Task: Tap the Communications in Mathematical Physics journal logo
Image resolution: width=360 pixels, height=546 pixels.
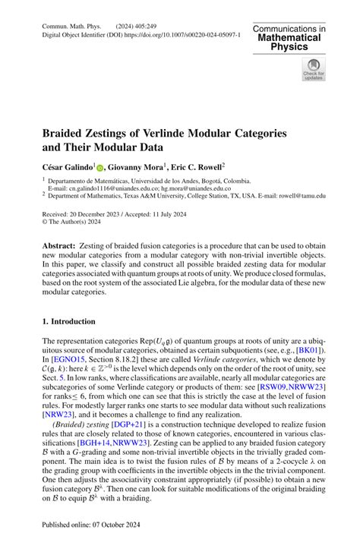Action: click(289, 38)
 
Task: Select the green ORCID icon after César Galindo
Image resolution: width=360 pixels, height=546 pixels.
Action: click(100, 165)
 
